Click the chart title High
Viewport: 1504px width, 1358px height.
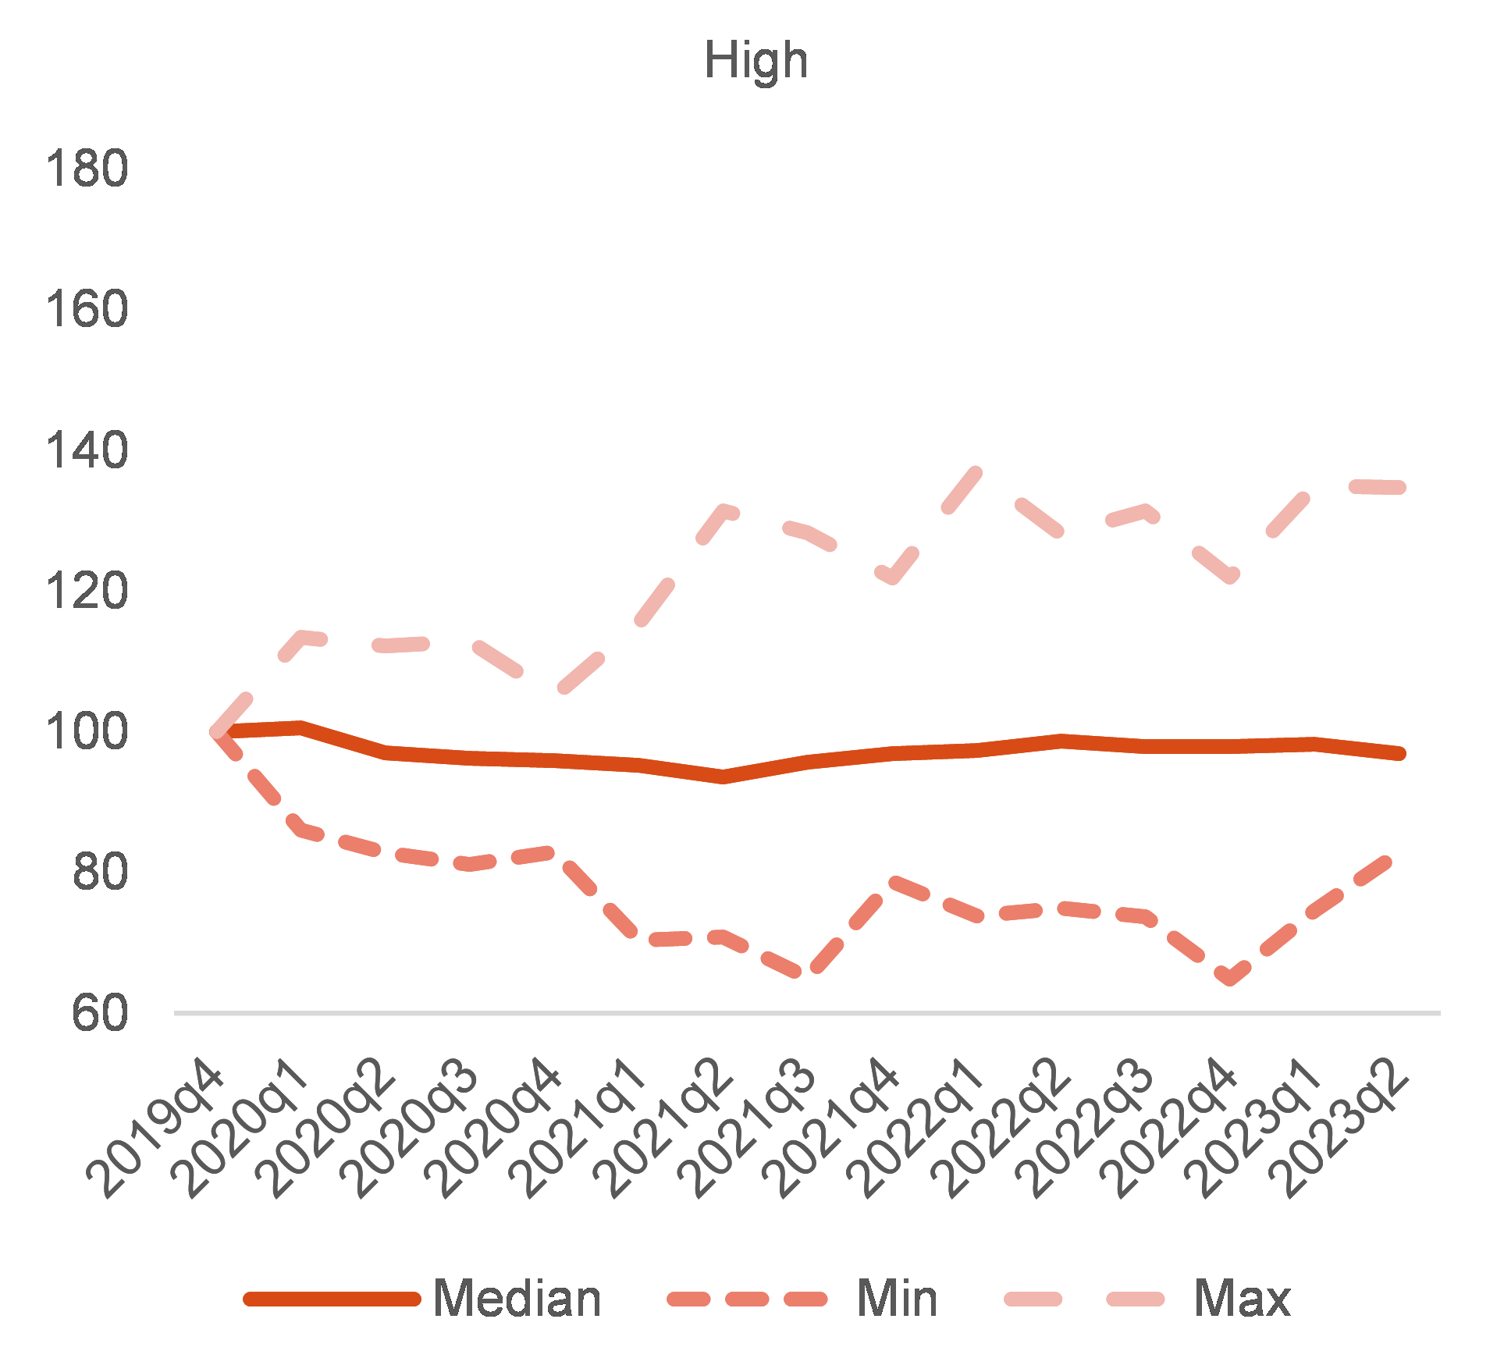coord(756,61)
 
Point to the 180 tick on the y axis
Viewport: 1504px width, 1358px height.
coord(87,169)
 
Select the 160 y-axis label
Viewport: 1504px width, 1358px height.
coord(87,310)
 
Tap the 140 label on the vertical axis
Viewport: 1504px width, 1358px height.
coord(87,451)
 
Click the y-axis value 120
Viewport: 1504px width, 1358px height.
coord(87,592)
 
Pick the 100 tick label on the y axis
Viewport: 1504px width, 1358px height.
coord(87,732)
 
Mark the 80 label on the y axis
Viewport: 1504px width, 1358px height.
coord(100,873)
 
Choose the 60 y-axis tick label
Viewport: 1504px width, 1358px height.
coord(100,1014)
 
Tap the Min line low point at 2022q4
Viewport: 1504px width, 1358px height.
coord(1230,979)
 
